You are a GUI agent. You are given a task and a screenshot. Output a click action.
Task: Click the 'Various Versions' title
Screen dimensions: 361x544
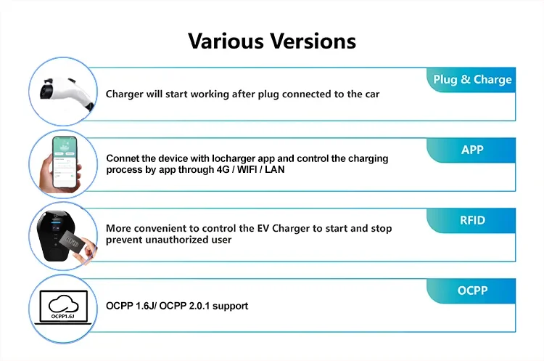click(272, 40)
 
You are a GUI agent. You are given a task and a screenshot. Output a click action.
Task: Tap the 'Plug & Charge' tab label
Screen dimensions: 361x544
click(472, 80)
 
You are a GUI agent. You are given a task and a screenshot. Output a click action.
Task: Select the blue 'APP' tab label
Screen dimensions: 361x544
click(472, 150)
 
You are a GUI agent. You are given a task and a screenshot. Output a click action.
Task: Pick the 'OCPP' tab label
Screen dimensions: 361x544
click(472, 291)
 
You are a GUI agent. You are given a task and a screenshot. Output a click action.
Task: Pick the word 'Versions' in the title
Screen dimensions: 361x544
click(314, 40)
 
